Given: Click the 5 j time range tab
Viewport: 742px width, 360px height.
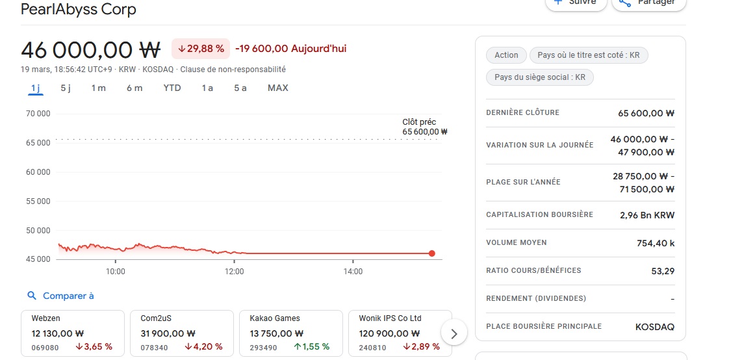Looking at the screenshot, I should (66, 88).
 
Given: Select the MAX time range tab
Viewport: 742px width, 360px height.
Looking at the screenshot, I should (277, 88).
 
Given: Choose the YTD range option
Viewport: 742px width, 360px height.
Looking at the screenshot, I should (172, 88).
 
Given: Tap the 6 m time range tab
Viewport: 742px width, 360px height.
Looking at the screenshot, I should (134, 88).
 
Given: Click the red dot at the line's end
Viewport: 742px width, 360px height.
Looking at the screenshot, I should (432, 253).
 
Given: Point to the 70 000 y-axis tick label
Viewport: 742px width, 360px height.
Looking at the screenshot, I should (37, 114).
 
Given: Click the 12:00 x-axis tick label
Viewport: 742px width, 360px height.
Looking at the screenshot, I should (234, 272).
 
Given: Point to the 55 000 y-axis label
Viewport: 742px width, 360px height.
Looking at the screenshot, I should (37, 201).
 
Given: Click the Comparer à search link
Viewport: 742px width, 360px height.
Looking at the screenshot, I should (61, 296).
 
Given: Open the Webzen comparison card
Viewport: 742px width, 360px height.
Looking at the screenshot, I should (72, 333).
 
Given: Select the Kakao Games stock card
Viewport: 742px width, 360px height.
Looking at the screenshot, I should (290, 333).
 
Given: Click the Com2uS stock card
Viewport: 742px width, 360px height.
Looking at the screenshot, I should (181, 333).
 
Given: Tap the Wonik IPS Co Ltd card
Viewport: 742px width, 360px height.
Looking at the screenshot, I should (400, 333).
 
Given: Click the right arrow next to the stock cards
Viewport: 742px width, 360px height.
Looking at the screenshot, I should (454, 334).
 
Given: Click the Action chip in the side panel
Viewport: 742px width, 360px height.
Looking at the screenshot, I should (506, 55).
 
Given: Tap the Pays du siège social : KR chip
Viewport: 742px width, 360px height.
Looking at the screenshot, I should (539, 77).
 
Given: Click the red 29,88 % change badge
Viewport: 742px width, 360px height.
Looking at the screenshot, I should (201, 49).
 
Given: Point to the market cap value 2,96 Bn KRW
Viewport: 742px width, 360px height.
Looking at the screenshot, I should (647, 215).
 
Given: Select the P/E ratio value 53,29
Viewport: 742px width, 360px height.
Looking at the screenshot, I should (663, 271).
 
